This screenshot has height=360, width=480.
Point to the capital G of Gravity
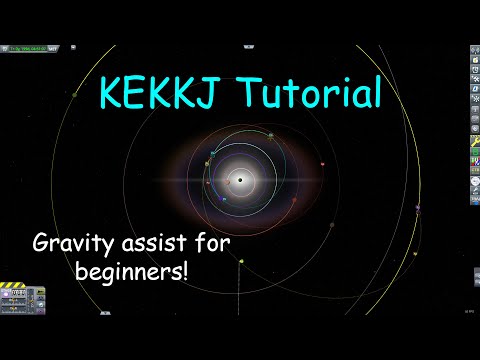coord(41,244)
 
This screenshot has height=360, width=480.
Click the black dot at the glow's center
coord(240,180)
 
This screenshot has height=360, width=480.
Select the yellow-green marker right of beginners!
coord(241,262)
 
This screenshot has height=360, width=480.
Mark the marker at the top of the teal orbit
coord(270,135)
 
